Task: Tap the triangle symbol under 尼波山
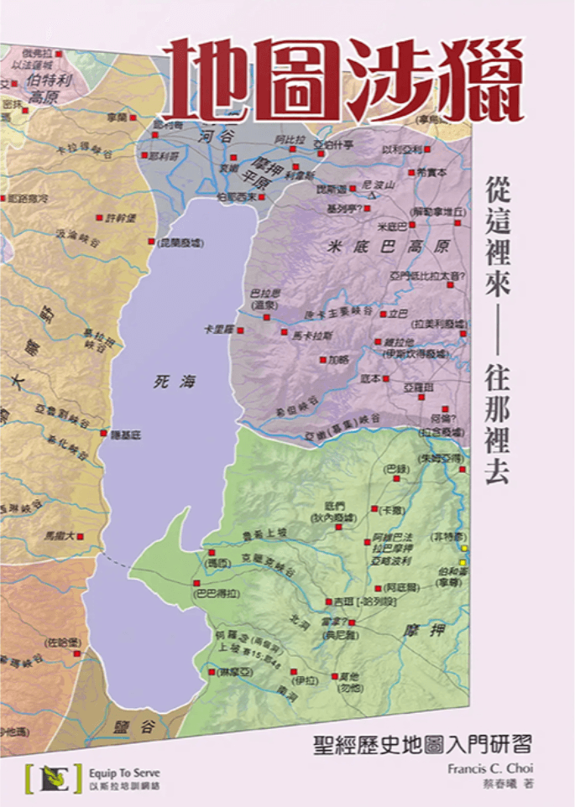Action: coord(370,194)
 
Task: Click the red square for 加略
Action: coord(322,360)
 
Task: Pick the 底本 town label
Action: coord(369,379)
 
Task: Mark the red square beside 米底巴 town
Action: coord(413,226)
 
